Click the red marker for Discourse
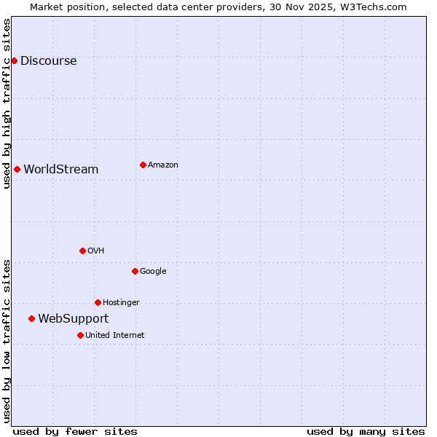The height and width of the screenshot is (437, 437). pyautogui.click(x=14, y=60)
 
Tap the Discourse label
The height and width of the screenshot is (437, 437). pyautogui.click(x=48, y=61)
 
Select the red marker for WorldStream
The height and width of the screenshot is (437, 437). pyautogui.click(x=17, y=169)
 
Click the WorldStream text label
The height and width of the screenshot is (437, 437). pyautogui.click(x=60, y=170)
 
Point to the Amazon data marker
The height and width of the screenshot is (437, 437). pyautogui.click(x=143, y=165)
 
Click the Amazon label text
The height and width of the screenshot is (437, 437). pyautogui.click(x=162, y=165)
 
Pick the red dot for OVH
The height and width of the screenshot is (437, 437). pyautogui.click(x=82, y=251)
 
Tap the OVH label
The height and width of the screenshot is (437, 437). pyautogui.click(x=95, y=251)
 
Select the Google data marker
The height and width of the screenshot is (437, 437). pyautogui.click(x=135, y=271)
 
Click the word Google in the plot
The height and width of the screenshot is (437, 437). pyautogui.click(x=153, y=272)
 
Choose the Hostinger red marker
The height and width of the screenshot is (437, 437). pyautogui.click(x=98, y=302)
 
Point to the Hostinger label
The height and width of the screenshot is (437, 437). pyautogui.click(x=121, y=303)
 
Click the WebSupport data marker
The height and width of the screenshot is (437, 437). pyautogui.click(x=31, y=318)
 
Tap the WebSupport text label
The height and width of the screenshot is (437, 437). pyautogui.click(x=73, y=319)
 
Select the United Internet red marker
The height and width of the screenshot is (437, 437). pyautogui.click(x=80, y=335)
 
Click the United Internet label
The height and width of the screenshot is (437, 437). pyautogui.click(x=114, y=336)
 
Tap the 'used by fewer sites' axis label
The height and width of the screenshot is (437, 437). pyautogui.click(x=75, y=431)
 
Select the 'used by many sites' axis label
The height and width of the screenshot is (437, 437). pyautogui.click(x=366, y=431)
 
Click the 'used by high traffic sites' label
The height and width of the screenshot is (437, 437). pyautogui.click(x=7, y=103)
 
